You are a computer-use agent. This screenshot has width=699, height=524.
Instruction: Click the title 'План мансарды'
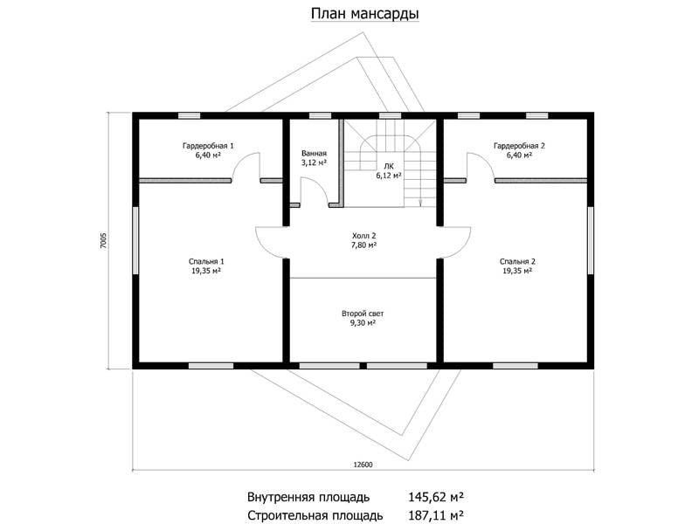point(364,14)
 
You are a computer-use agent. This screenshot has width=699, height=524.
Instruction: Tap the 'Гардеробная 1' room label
point(208,146)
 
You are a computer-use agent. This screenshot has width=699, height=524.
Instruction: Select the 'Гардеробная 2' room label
point(519,146)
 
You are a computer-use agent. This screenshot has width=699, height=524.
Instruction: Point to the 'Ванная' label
point(314,154)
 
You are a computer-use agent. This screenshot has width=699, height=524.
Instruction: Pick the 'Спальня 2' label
point(517,261)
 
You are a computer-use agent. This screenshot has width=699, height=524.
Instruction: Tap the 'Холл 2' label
point(363,236)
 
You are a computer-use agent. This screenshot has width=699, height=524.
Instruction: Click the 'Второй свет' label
point(363,314)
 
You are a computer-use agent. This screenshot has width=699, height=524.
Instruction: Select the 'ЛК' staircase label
point(389,166)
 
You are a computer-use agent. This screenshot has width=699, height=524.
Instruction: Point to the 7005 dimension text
point(103,241)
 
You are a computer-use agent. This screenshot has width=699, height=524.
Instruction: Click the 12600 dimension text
point(363,465)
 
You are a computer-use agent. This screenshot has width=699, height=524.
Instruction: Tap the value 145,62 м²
point(436,497)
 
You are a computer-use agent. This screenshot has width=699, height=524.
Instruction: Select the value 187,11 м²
point(436,515)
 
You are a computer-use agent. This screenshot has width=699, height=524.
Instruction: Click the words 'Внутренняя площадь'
point(308,497)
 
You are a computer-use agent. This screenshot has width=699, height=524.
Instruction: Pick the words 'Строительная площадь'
point(315,516)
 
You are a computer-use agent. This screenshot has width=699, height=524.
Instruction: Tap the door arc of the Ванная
point(321,186)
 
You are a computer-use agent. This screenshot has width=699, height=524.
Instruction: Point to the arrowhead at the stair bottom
point(420,204)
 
